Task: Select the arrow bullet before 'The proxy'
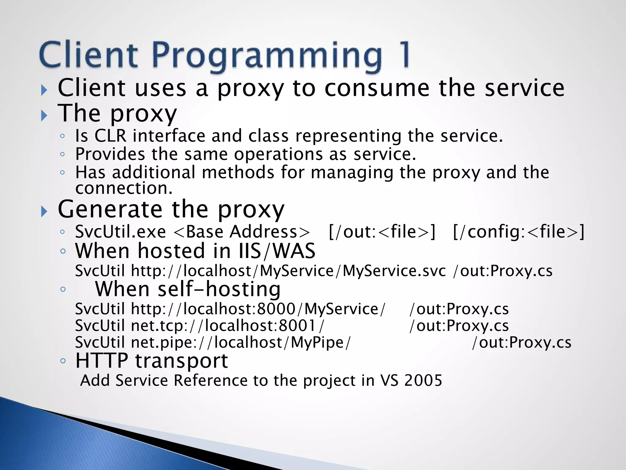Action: click(x=44, y=115)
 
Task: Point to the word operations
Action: click(x=278, y=154)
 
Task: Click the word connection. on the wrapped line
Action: click(x=124, y=188)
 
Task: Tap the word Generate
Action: click(x=110, y=209)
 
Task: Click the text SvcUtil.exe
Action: click(x=120, y=232)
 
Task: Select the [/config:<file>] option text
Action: click(x=519, y=232)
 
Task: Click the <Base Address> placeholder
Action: click(x=241, y=232)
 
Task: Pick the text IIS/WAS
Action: click(x=275, y=251)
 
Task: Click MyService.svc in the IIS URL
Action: click(x=394, y=271)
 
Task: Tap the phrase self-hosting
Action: click(x=219, y=289)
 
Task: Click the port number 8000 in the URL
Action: click(x=276, y=309)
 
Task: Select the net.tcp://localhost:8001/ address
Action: click(x=227, y=326)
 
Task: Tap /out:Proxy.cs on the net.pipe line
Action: click(x=521, y=342)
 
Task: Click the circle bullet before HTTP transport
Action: click(x=63, y=361)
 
